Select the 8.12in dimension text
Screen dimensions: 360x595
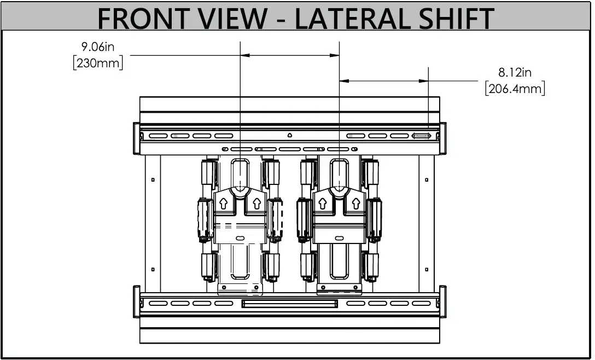point(515,72)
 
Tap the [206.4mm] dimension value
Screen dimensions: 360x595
point(515,88)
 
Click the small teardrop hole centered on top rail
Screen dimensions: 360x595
point(290,135)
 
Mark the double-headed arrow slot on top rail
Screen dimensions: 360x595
point(422,136)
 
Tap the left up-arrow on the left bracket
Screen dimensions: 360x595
point(223,204)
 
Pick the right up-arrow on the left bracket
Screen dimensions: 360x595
point(255,204)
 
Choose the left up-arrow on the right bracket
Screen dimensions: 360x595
point(323,204)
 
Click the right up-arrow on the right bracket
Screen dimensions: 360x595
point(354,204)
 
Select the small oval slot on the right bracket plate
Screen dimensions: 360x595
point(339,238)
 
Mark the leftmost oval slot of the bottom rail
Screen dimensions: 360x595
point(157,303)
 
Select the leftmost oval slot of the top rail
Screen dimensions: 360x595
point(157,136)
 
